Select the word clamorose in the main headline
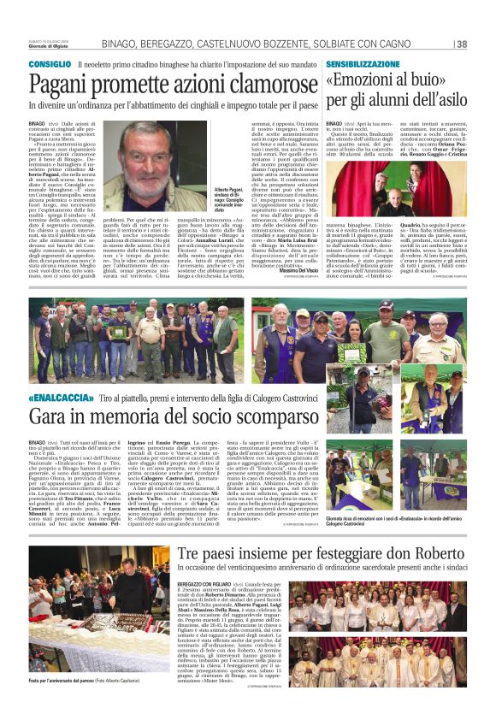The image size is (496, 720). [x=251, y=84]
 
